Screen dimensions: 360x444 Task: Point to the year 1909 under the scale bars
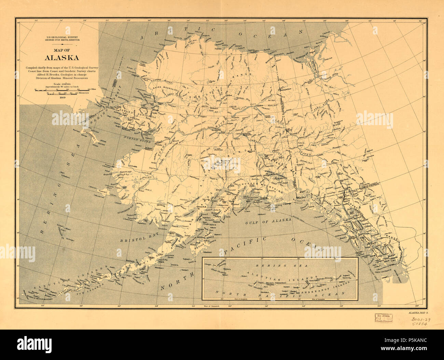pyautogui.click(x=63, y=97)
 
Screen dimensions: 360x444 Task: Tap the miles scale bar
pyautogui.click(x=57, y=90)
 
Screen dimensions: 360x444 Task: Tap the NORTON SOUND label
pyautogui.click(x=135, y=139)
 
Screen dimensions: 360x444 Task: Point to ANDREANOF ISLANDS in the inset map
pyautogui.click(x=326, y=286)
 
